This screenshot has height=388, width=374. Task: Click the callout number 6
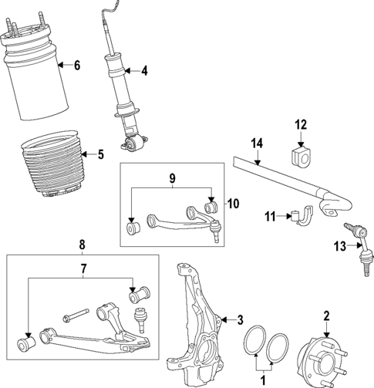point(76,66)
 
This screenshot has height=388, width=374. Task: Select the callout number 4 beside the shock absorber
point(144,72)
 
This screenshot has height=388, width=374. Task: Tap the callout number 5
point(99,154)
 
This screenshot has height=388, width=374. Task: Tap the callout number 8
point(83,245)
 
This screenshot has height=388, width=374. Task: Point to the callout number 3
point(241,319)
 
